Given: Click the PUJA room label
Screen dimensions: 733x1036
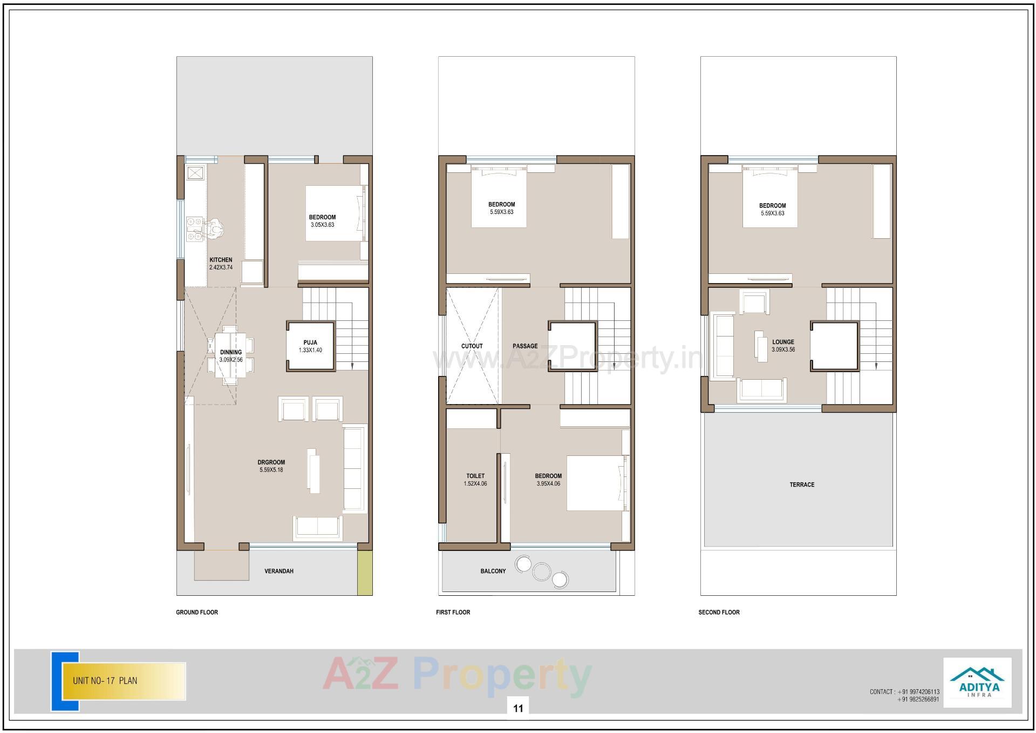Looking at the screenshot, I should (x=310, y=342).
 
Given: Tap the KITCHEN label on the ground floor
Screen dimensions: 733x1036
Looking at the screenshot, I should (x=221, y=260).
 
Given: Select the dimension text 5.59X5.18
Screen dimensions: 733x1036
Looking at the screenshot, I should (x=271, y=470).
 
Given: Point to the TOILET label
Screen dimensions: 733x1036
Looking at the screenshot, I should (x=475, y=476).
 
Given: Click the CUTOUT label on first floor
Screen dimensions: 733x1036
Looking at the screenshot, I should (x=472, y=346).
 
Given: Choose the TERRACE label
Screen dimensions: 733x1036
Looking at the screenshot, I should (x=802, y=485).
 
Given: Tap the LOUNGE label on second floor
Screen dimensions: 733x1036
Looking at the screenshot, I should (x=783, y=342).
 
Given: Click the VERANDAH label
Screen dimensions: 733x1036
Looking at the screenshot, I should (x=279, y=571).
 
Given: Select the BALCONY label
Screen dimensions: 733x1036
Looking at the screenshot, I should (x=493, y=571).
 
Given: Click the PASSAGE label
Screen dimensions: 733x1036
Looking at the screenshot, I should (x=525, y=346).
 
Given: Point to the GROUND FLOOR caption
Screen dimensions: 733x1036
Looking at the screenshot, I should (x=197, y=612).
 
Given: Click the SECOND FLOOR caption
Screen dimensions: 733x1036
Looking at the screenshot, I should (x=719, y=612).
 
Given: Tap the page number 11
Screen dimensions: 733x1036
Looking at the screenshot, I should (x=518, y=708).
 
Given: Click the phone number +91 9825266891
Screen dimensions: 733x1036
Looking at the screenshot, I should (x=918, y=700).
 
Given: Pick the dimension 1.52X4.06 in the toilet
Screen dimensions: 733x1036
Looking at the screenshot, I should (x=475, y=484).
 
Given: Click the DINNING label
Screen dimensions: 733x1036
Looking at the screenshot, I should (x=231, y=352).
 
